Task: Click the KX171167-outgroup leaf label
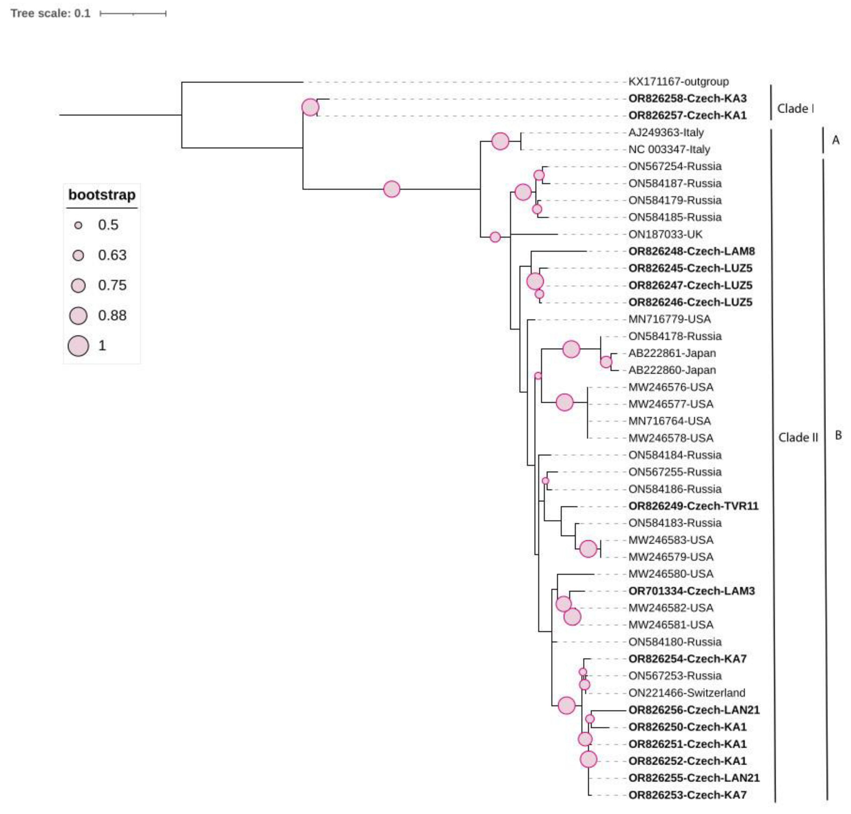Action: (x=678, y=81)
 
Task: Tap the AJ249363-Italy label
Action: (x=666, y=132)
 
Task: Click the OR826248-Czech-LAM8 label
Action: (x=691, y=251)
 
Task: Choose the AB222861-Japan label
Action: (x=672, y=353)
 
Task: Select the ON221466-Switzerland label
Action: (x=686, y=693)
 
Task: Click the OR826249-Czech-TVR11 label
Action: (x=693, y=506)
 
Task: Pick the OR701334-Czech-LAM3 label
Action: (x=691, y=591)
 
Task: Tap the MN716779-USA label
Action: (x=669, y=319)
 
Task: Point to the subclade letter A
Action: (x=835, y=140)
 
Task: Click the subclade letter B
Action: (x=838, y=435)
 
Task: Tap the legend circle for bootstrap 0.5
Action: (x=78, y=225)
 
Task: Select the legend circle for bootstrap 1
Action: (x=78, y=346)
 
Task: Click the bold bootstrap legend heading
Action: (x=102, y=195)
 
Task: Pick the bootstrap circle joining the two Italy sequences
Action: (x=500, y=141)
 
